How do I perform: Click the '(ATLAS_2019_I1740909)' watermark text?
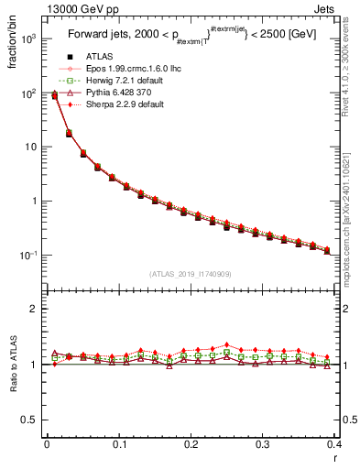[x=190, y=274]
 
